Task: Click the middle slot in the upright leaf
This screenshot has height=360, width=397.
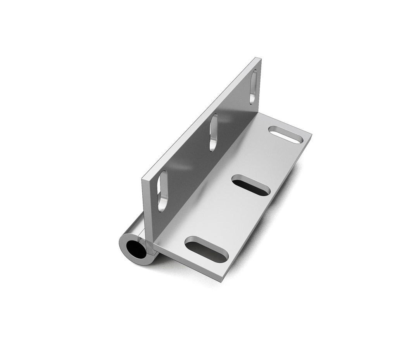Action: pos(213,132)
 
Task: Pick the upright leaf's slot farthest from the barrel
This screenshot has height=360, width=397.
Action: pos(253,87)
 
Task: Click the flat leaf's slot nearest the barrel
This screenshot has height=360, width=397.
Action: pos(207,249)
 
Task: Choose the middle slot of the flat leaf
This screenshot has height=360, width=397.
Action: pos(251,185)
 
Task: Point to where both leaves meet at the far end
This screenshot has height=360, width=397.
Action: pos(261,112)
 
